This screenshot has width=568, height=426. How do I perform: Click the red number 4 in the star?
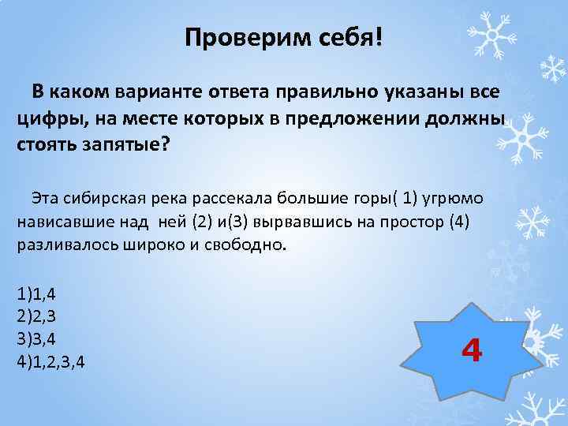(471, 349)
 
